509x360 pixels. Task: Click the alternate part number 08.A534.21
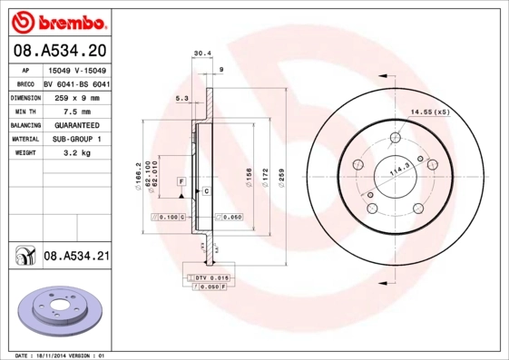pyautogui.click(x=76, y=257)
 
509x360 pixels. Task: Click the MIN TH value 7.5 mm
pyautogui.click(x=71, y=111)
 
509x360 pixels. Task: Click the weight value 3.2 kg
pyautogui.click(x=70, y=153)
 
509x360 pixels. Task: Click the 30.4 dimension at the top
pyautogui.click(x=202, y=54)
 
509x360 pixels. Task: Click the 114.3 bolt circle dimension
pyautogui.click(x=397, y=168)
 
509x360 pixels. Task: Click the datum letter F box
pyautogui.click(x=181, y=182)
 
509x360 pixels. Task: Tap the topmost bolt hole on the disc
pyautogui.click(x=396, y=139)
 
